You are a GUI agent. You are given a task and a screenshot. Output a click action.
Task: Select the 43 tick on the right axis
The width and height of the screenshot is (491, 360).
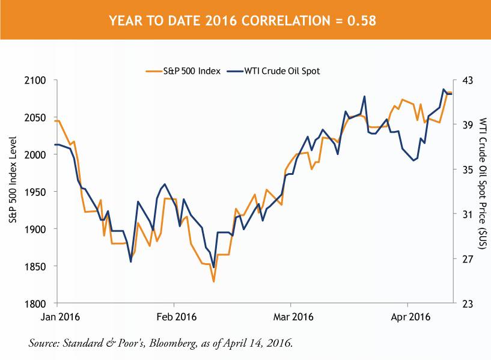466,80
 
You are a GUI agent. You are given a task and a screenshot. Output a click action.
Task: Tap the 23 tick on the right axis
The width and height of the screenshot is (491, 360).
466,304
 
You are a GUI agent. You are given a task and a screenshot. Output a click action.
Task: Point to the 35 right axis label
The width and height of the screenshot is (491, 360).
466,169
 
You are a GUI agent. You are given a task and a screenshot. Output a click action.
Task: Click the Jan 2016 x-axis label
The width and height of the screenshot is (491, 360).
59,316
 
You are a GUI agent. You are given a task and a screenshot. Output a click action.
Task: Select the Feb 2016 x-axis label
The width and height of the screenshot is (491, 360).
177,316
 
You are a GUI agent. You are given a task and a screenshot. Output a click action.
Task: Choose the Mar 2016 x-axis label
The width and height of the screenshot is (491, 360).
293,316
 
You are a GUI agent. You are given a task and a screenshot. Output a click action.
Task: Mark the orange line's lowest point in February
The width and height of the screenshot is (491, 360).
213,281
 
